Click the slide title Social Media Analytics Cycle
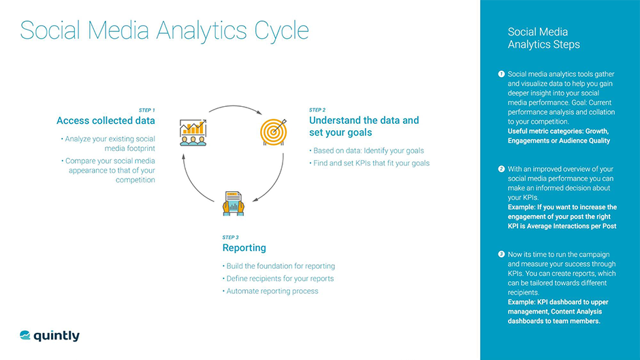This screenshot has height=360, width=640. point(164,31)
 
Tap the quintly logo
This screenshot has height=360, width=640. point(50,336)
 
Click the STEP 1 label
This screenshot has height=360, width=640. point(146,110)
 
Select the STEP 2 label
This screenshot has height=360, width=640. point(317,110)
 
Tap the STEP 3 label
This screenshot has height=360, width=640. point(231,238)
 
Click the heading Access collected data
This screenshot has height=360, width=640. point(106,120)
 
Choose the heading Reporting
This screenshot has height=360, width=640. point(244,248)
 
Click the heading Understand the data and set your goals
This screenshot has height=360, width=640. point(364,126)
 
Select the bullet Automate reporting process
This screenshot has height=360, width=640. point(270,291)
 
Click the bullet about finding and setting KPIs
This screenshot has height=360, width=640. point(369,163)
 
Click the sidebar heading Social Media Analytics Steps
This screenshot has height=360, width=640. point(543,38)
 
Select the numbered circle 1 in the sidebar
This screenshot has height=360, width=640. point(501,73)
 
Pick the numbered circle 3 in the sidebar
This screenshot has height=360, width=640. point(501,254)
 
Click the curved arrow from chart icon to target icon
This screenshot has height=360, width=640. point(235,109)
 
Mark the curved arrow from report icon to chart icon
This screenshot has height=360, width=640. point(195,180)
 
